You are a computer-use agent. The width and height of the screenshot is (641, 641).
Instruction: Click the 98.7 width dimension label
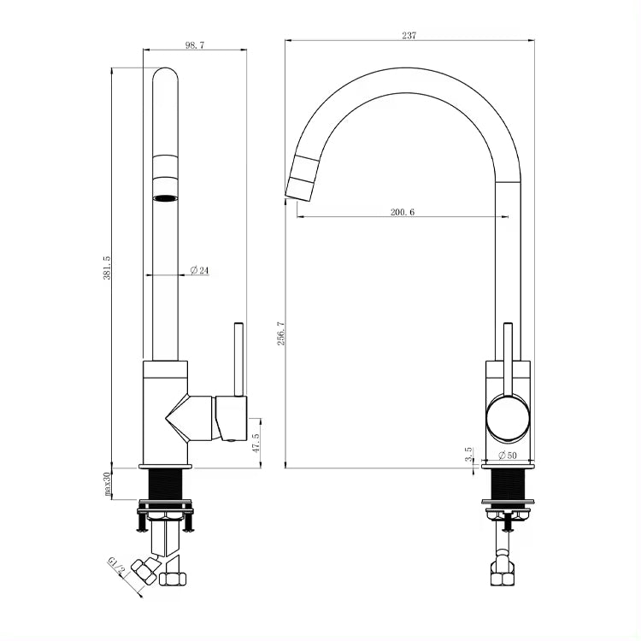point(195,45)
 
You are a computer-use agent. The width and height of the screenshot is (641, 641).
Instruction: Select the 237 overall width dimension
point(409,36)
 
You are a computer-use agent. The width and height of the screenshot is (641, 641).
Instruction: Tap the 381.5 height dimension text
point(107,268)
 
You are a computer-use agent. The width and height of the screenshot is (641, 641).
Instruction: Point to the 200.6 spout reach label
point(403,212)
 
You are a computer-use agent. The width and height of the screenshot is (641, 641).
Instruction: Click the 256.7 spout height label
point(281,333)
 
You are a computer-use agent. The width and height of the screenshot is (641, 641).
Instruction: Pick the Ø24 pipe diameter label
point(199,270)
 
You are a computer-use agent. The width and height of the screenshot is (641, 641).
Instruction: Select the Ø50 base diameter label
point(508,455)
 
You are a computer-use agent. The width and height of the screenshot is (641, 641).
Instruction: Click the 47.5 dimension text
point(256,443)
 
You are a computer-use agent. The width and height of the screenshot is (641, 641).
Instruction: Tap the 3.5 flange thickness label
point(468,454)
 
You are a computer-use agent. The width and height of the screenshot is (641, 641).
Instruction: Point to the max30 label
point(107,484)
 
